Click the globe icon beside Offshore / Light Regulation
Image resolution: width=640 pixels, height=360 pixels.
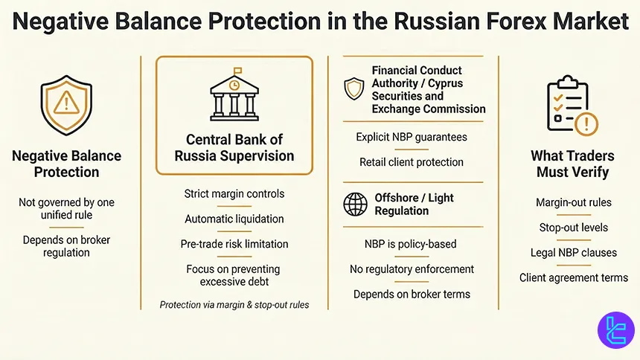354,204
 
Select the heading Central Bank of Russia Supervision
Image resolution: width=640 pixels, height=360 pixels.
234,147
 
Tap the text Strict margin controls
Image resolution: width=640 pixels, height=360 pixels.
234,194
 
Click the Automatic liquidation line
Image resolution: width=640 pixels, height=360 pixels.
234,219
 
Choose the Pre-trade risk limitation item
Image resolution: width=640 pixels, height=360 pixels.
234,244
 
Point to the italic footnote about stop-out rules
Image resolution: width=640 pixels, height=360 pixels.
234,304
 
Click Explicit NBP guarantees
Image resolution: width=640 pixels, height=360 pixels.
412,137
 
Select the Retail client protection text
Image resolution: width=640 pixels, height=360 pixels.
412,161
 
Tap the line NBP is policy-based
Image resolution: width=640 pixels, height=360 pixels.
412,244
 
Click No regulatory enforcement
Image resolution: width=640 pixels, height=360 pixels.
412,269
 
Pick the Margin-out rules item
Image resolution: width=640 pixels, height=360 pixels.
573,202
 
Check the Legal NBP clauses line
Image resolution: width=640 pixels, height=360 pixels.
573,252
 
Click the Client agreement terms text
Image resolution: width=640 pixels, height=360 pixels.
573,277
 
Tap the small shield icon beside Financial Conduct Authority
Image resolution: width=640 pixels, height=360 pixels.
354,89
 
